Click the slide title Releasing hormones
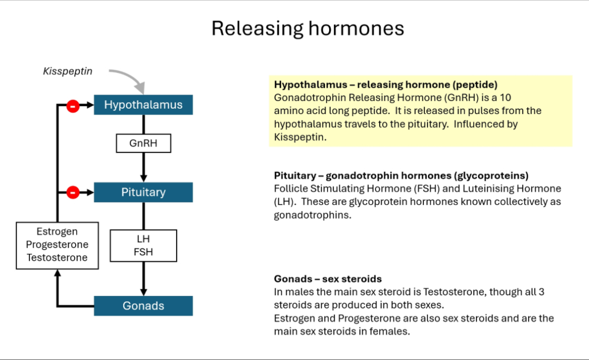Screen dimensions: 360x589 pos(308,28)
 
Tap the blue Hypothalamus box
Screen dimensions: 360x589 pos(143,105)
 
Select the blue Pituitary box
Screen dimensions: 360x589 pos(143,192)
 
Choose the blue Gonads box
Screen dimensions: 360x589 pos(143,306)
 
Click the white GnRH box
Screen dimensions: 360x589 pos(143,143)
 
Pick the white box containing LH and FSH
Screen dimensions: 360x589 pos(143,245)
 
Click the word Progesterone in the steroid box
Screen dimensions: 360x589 pos(57,245)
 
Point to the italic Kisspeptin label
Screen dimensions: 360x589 pos(67,71)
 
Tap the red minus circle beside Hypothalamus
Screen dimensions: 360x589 pos(73,106)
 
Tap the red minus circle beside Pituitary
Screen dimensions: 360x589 pos(73,193)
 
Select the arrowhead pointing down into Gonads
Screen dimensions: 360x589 pos(143,292)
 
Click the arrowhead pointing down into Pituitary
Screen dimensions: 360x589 pos(143,178)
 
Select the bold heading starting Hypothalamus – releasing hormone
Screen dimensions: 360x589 pos(385,84)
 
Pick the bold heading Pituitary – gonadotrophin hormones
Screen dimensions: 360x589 pos(401,176)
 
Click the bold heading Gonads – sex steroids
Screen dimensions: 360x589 pos(328,279)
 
